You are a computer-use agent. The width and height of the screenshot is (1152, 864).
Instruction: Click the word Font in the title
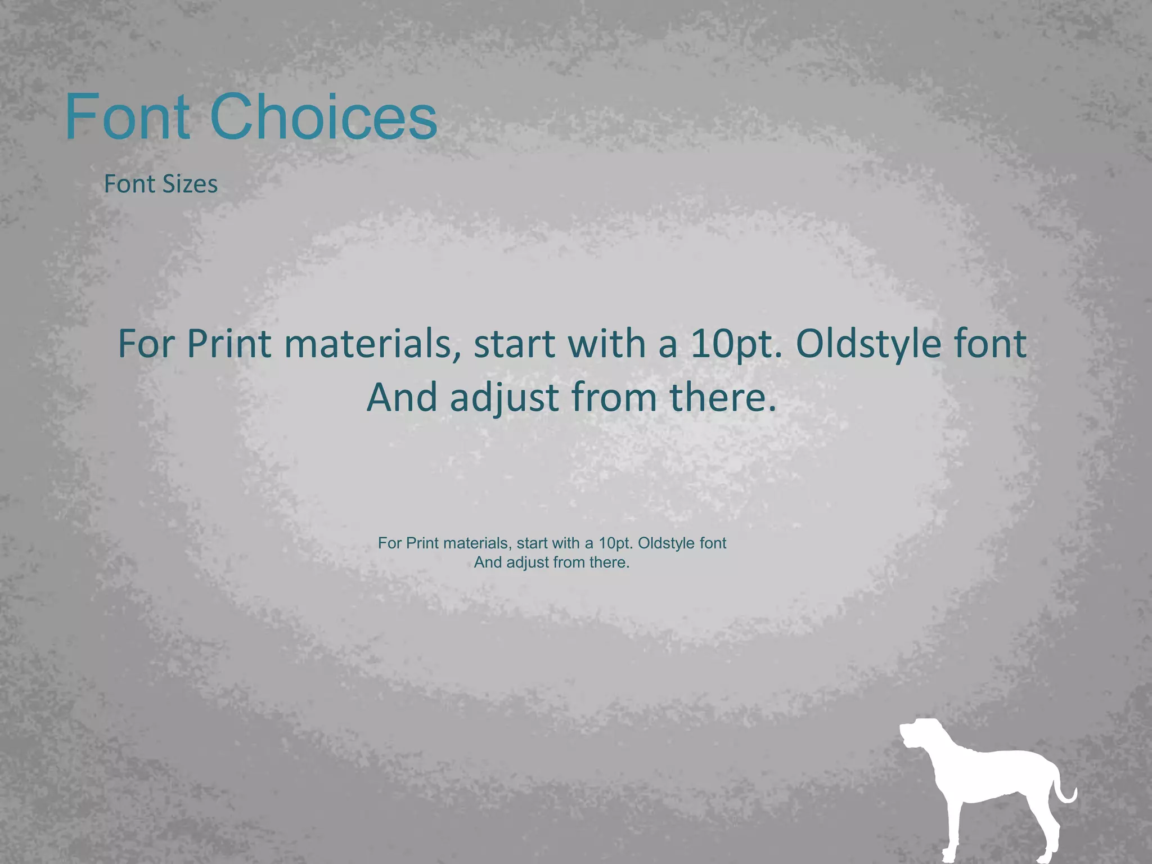coord(128,116)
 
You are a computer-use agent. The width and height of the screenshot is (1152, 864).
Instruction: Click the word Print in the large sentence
coord(229,344)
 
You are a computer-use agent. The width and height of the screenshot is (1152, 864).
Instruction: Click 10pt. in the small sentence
coord(616,543)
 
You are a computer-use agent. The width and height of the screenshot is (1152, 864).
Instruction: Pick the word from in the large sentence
coord(614,397)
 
